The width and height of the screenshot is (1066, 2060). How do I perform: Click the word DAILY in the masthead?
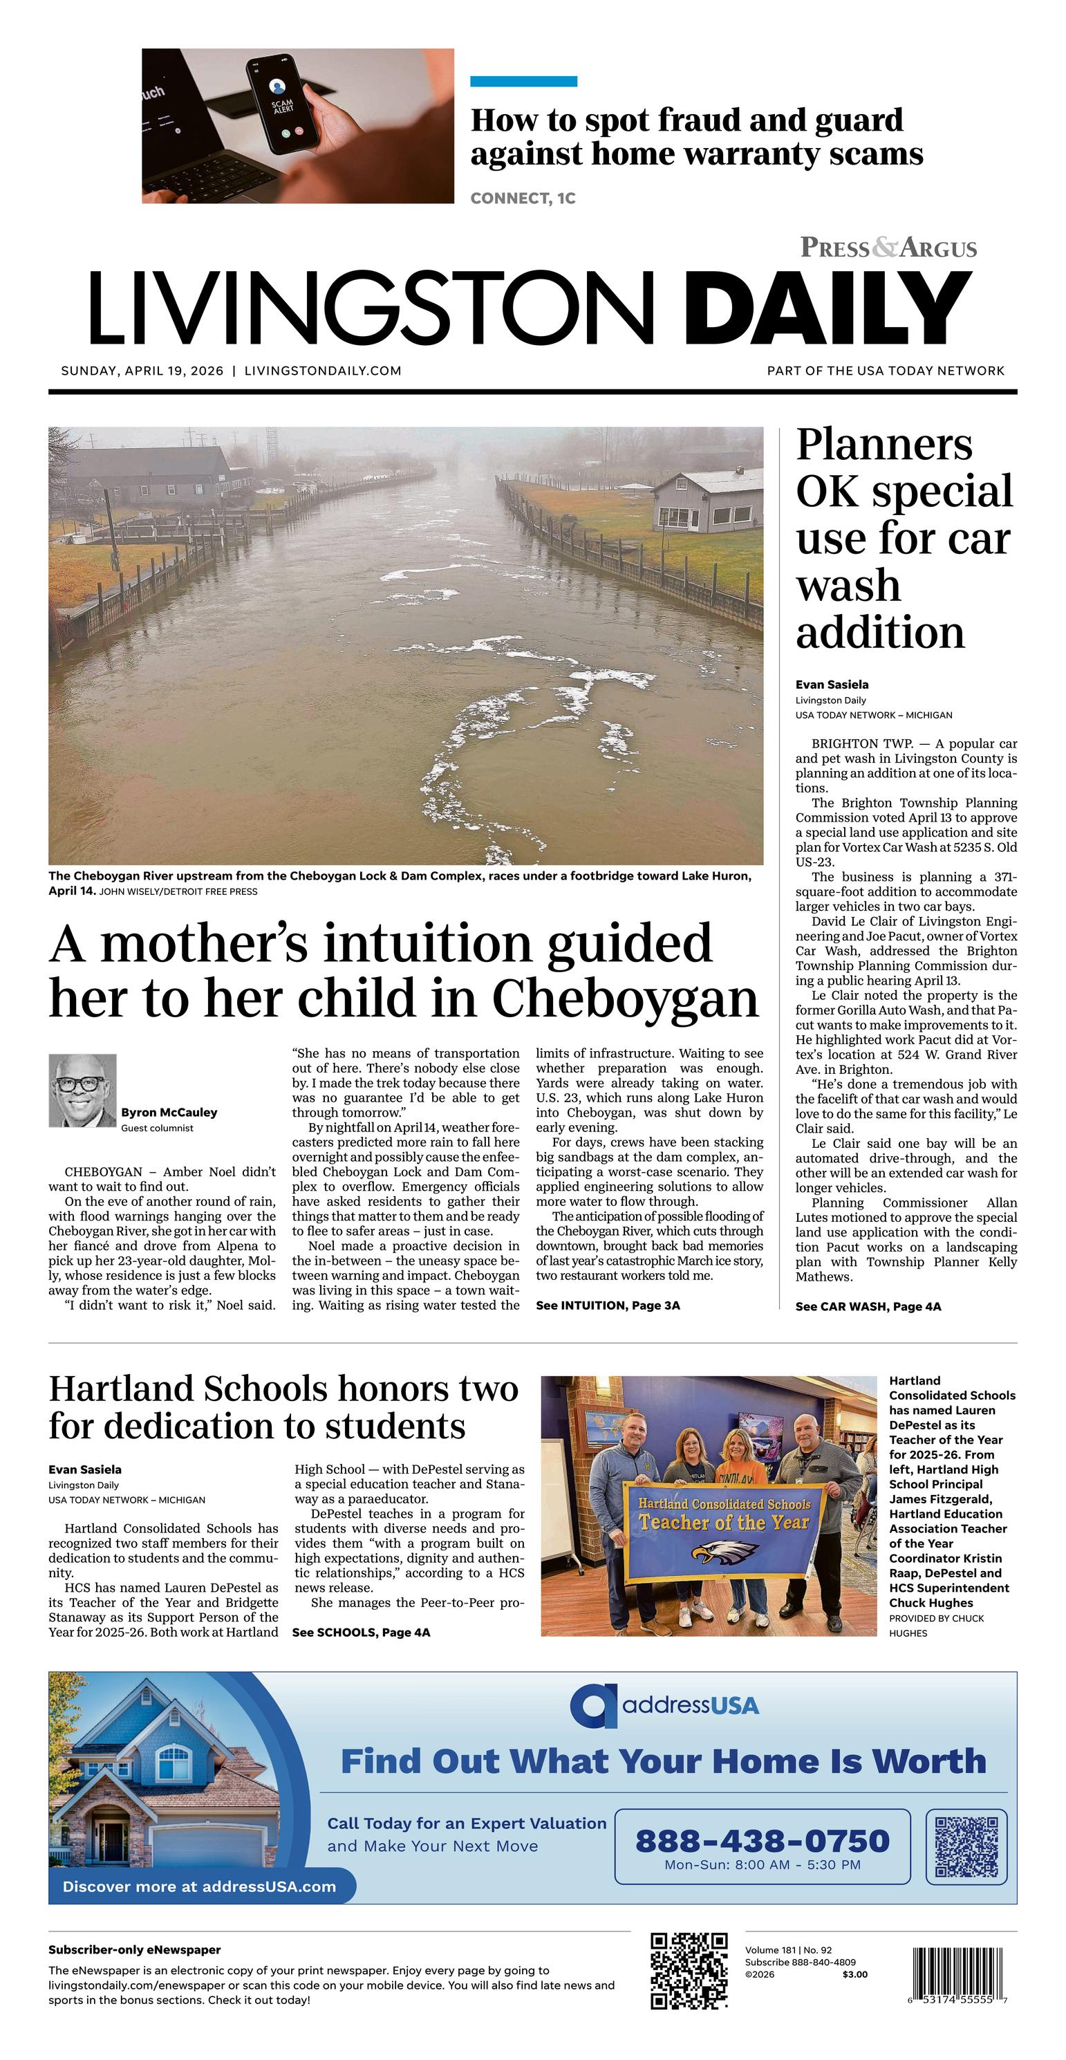pos(827,308)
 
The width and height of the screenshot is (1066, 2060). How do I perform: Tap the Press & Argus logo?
pos(888,248)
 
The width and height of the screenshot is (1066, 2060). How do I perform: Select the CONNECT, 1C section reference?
pos(523,198)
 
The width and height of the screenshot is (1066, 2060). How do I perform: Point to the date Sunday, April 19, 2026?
pos(142,371)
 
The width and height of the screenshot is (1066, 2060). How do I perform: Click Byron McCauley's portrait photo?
pos(82,1090)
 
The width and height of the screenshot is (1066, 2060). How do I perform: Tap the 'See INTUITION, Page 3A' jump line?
pos(608,1306)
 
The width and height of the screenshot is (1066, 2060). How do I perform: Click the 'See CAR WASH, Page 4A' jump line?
pos(868,1307)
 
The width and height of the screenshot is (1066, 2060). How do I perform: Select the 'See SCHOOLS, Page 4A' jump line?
pos(362,1632)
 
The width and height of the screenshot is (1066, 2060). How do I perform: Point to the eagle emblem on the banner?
pos(724,1553)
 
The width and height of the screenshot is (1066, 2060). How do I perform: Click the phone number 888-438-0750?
pos(762,1841)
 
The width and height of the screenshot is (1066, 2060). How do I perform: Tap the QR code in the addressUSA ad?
pos(966,1846)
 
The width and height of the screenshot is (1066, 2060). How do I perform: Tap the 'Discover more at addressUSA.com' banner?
pos(199,1886)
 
